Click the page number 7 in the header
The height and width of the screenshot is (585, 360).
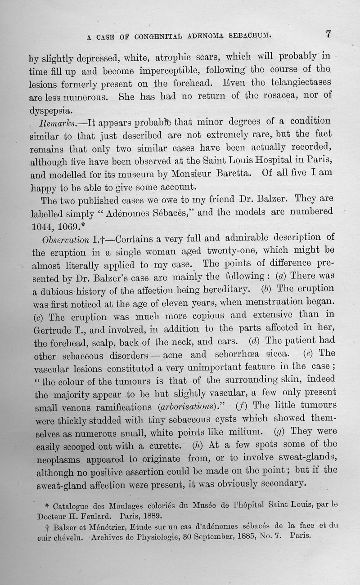click(x=328, y=34)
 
